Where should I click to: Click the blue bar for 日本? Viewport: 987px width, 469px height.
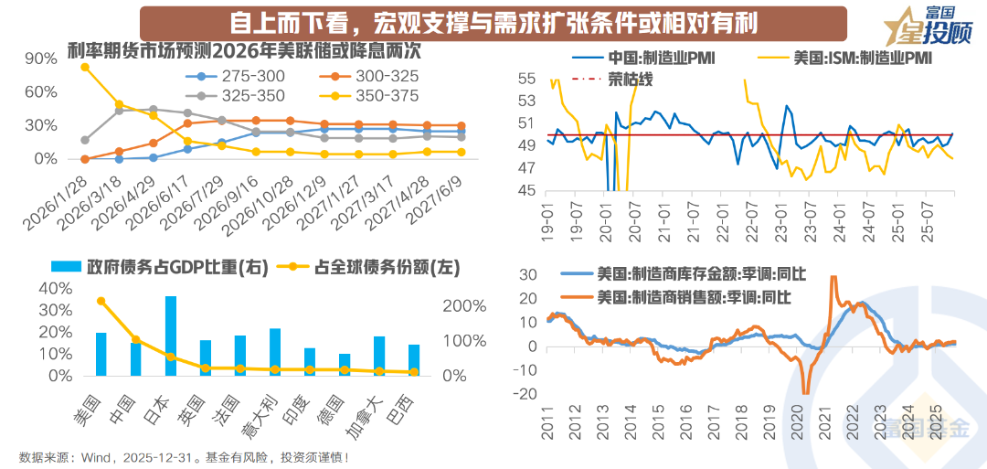click(x=171, y=336)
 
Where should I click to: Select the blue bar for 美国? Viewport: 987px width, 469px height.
click(x=101, y=354)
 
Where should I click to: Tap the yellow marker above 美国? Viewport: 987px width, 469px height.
click(x=101, y=301)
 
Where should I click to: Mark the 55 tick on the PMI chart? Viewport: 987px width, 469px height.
click(x=526, y=79)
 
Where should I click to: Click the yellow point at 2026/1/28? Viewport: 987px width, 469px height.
click(x=85, y=67)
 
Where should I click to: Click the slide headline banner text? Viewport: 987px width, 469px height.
click(x=493, y=21)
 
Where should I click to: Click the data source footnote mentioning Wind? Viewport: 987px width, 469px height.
click(x=183, y=457)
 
